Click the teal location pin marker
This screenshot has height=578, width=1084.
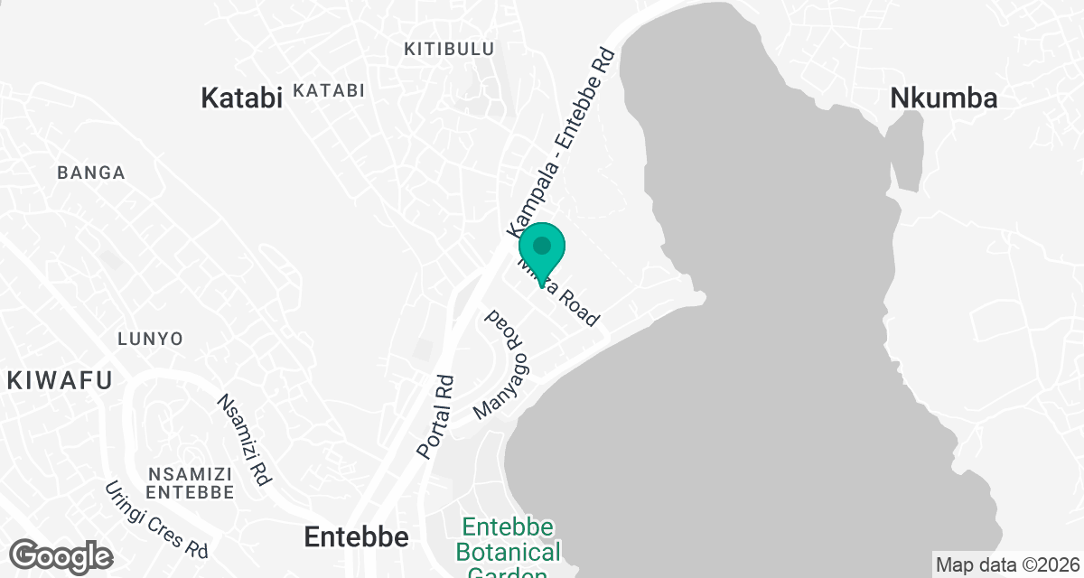542,253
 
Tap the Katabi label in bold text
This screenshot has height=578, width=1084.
241,98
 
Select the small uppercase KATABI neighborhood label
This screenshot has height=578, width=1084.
329,90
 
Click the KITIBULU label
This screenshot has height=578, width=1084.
449,49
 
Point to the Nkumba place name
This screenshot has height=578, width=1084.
944,98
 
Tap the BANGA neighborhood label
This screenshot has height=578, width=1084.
90,172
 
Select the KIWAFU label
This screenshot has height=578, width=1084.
60,380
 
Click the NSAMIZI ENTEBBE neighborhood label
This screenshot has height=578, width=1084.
190,483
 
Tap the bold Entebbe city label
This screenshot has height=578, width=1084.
356,537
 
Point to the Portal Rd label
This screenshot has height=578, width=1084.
435,415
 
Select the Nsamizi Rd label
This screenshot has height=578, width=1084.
244,440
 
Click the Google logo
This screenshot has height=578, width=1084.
61,555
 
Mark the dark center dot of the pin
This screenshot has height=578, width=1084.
542,245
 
